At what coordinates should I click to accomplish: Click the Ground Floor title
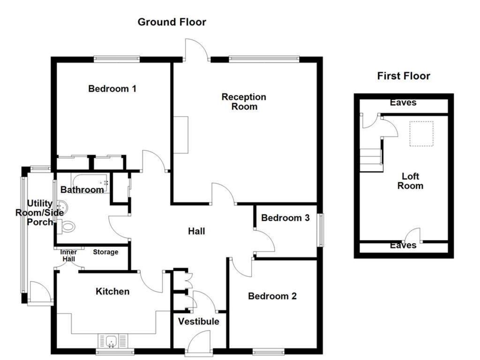click(x=172, y=22)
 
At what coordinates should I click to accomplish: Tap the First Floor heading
click(x=403, y=76)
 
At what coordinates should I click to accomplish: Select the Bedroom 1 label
click(x=112, y=89)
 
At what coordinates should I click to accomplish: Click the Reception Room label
click(x=244, y=102)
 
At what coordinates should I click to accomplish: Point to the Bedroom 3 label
click(x=285, y=218)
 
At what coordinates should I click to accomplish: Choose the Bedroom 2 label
click(x=272, y=296)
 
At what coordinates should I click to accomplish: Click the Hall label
click(x=196, y=231)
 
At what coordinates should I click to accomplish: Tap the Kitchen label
click(x=112, y=292)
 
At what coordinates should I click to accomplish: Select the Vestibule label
click(x=198, y=322)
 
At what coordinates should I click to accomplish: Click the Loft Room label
click(x=410, y=181)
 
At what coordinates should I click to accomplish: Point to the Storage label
click(x=105, y=252)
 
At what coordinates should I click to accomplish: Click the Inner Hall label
click(x=69, y=255)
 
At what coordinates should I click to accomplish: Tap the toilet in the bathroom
click(x=67, y=227)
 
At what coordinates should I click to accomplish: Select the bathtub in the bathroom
click(x=90, y=180)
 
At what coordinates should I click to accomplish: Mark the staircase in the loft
click(x=371, y=159)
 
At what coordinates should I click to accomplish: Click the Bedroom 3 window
click(x=320, y=230)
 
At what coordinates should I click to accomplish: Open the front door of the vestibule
click(x=199, y=342)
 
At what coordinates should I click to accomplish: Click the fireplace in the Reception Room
click(x=180, y=135)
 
